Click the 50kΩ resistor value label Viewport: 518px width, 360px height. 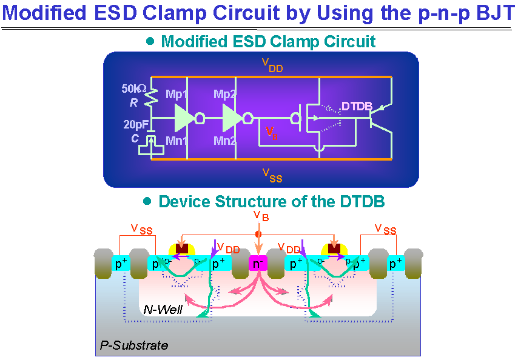pyautogui.click(x=134, y=88)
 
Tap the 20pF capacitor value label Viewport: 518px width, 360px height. pyautogui.click(x=135, y=125)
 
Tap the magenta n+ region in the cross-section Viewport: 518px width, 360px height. pyautogui.click(x=258, y=264)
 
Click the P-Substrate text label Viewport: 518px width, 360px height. pyautogui.click(x=133, y=345)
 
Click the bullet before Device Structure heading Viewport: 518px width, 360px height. pyautogui.click(x=147, y=201)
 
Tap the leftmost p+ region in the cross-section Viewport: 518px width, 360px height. pyautogui.click(x=121, y=264)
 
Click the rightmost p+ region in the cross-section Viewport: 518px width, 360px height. pyautogui.click(x=395, y=264)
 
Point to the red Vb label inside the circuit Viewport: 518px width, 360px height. pyautogui.click(x=272, y=133)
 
